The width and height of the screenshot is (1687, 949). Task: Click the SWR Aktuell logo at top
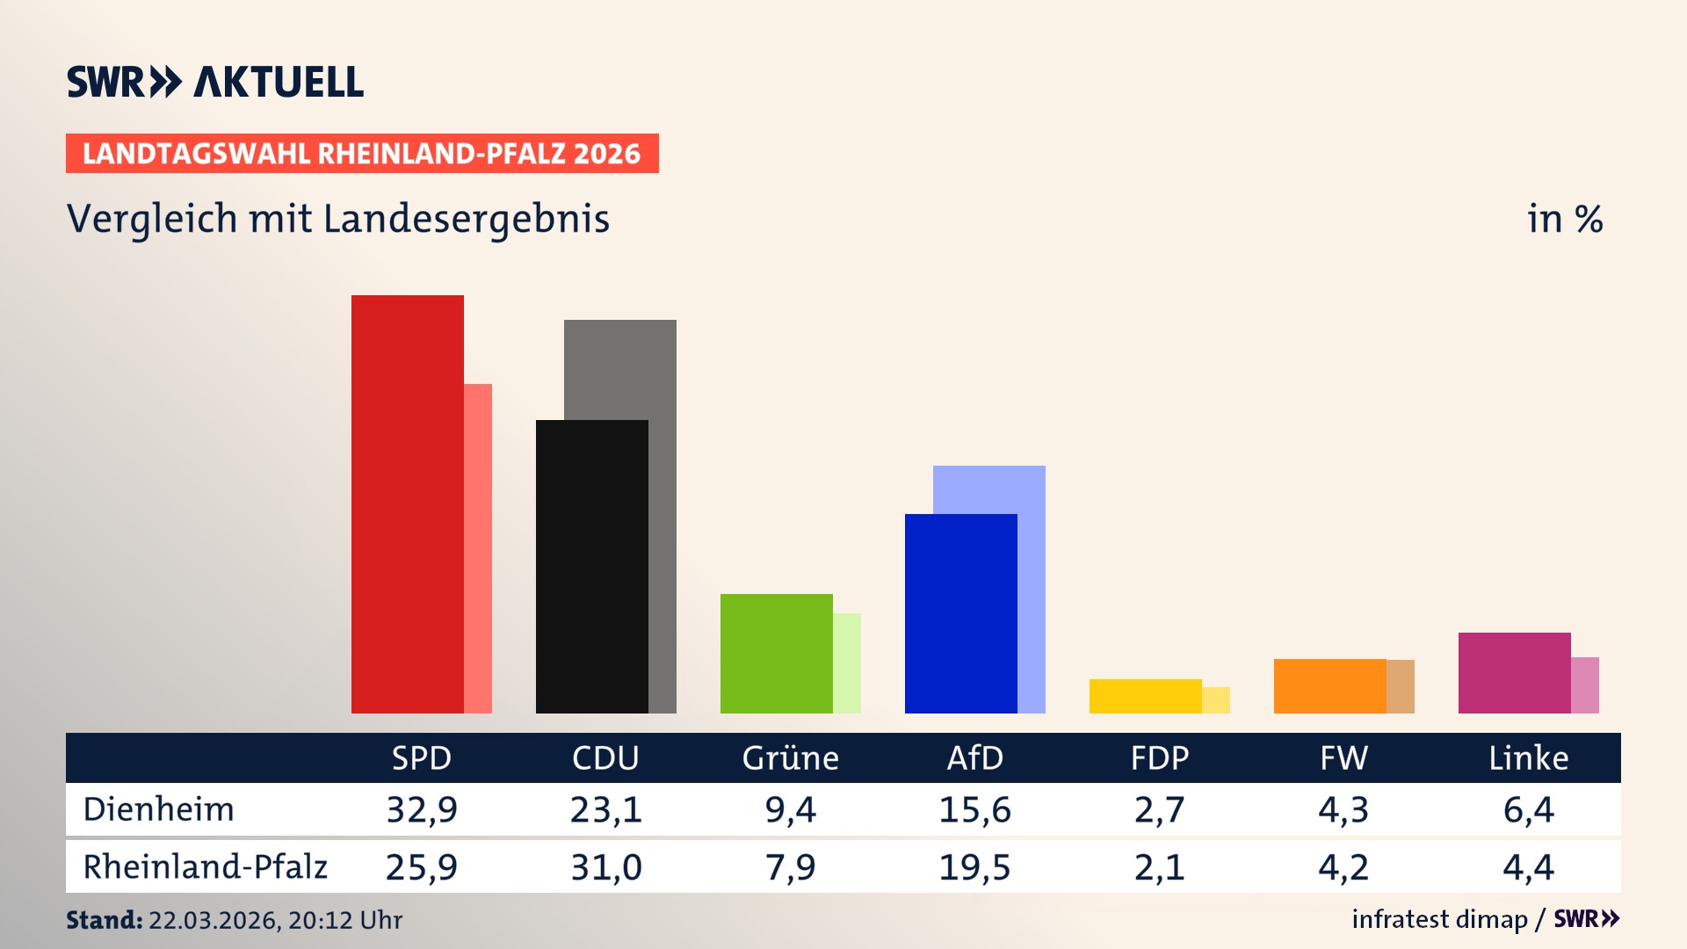[x=215, y=82]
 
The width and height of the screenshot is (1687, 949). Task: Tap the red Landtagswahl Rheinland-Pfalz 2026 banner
[x=362, y=154]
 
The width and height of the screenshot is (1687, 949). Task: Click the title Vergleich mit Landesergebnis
[x=338, y=219]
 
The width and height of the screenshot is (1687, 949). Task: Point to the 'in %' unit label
[x=1564, y=219]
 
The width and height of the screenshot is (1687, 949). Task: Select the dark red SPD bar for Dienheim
[x=407, y=504]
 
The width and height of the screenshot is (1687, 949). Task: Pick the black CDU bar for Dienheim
[x=591, y=567]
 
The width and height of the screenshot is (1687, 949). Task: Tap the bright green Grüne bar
[x=776, y=654]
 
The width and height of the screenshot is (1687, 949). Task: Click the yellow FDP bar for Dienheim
[x=1145, y=696]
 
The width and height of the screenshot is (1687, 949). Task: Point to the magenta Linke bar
[x=1514, y=673]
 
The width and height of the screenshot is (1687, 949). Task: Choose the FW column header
[x=1343, y=758]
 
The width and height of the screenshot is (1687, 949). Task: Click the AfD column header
[x=974, y=758]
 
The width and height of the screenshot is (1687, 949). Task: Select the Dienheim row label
[x=159, y=809]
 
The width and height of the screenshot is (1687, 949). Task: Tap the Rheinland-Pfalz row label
[x=206, y=867]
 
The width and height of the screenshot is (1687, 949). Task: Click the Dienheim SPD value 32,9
[x=422, y=809]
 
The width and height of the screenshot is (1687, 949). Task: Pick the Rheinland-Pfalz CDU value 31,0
[x=606, y=867]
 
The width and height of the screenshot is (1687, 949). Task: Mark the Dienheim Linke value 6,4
[x=1528, y=809]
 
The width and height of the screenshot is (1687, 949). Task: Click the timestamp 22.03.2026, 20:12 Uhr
[x=275, y=920]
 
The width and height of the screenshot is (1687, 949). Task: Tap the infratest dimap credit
[x=1439, y=919]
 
